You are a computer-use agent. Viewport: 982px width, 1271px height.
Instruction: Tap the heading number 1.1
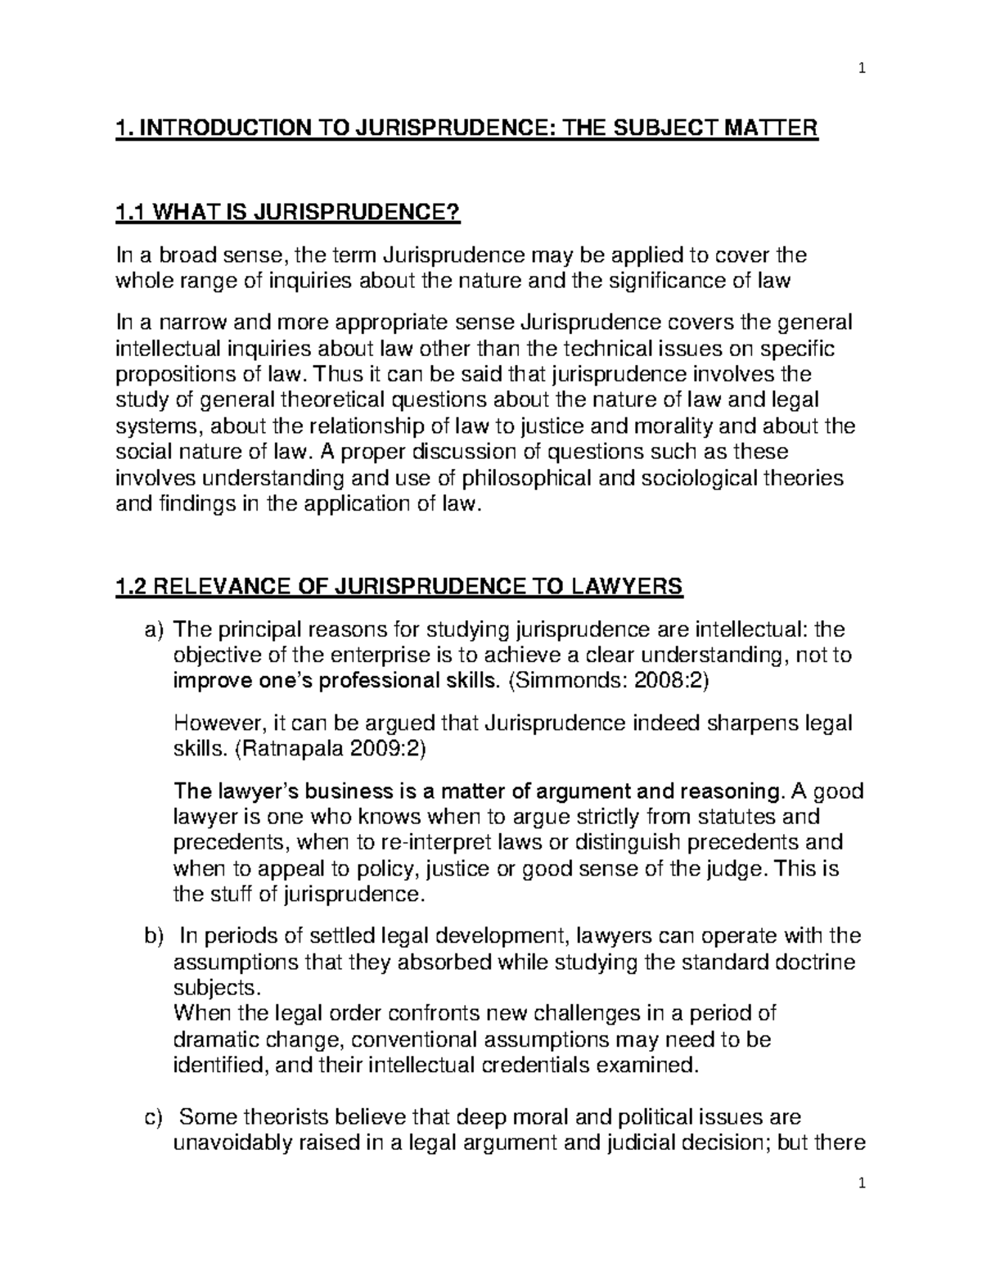click(130, 214)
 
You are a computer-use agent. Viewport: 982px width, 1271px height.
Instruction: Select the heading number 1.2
click(131, 587)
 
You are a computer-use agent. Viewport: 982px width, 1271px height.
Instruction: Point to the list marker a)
click(153, 630)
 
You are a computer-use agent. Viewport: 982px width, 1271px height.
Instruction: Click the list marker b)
click(154, 936)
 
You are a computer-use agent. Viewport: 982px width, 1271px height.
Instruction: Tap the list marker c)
click(153, 1117)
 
